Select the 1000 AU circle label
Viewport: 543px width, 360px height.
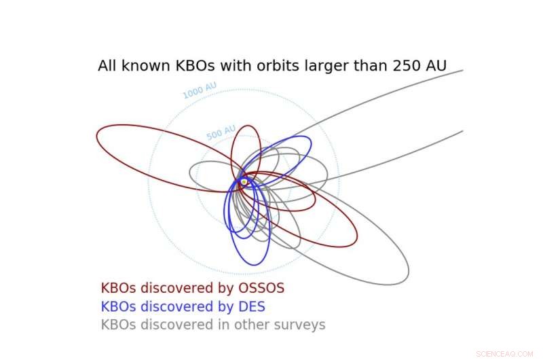(x=200, y=90)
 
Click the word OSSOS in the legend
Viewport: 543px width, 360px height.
(x=260, y=288)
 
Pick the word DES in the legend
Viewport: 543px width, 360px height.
(x=251, y=306)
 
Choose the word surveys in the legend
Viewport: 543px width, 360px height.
(x=299, y=325)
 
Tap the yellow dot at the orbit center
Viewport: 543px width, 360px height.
(x=244, y=182)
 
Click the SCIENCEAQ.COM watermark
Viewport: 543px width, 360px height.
(x=505, y=353)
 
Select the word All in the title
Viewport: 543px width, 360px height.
(x=107, y=66)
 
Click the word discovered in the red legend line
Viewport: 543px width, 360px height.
(x=170, y=288)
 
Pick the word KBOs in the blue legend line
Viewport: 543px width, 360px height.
(x=117, y=306)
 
